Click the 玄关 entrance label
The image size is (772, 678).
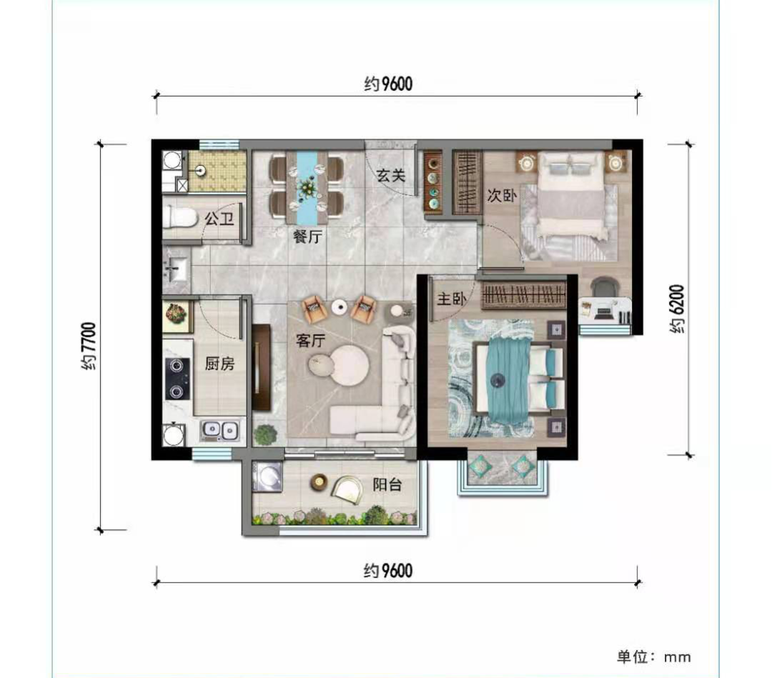[x=391, y=175]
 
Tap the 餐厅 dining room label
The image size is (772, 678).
[x=307, y=237]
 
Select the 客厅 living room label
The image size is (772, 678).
[x=311, y=340]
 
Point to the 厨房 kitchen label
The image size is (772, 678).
[x=219, y=363]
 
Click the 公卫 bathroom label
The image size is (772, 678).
[x=219, y=218]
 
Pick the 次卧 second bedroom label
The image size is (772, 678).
[x=503, y=195]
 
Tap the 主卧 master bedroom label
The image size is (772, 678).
[x=452, y=299]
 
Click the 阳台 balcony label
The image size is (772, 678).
[x=387, y=485]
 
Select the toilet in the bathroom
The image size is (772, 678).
[x=179, y=217]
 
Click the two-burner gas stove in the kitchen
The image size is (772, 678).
[x=177, y=378]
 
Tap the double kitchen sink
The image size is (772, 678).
[x=219, y=431]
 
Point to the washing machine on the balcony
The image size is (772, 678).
[x=267, y=476]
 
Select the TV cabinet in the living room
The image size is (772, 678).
[x=261, y=367]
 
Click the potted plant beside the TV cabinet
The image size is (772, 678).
[x=265, y=435]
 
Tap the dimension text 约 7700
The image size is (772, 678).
[x=89, y=346]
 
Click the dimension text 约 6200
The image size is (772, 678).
[x=677, y=308]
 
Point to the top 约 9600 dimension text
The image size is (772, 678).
[x=388, y=84]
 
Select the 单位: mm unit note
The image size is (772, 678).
[x=654, y=657]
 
